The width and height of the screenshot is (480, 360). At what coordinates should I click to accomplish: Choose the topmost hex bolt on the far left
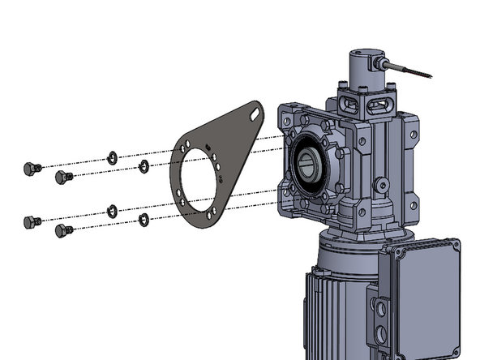pyautogui.click(x=29, y=169)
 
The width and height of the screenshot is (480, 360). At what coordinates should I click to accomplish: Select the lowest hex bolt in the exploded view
pyautogui.click(x=63, y=232)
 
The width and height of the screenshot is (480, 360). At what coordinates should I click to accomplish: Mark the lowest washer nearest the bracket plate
pyautogui.click(x=144, y=220)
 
